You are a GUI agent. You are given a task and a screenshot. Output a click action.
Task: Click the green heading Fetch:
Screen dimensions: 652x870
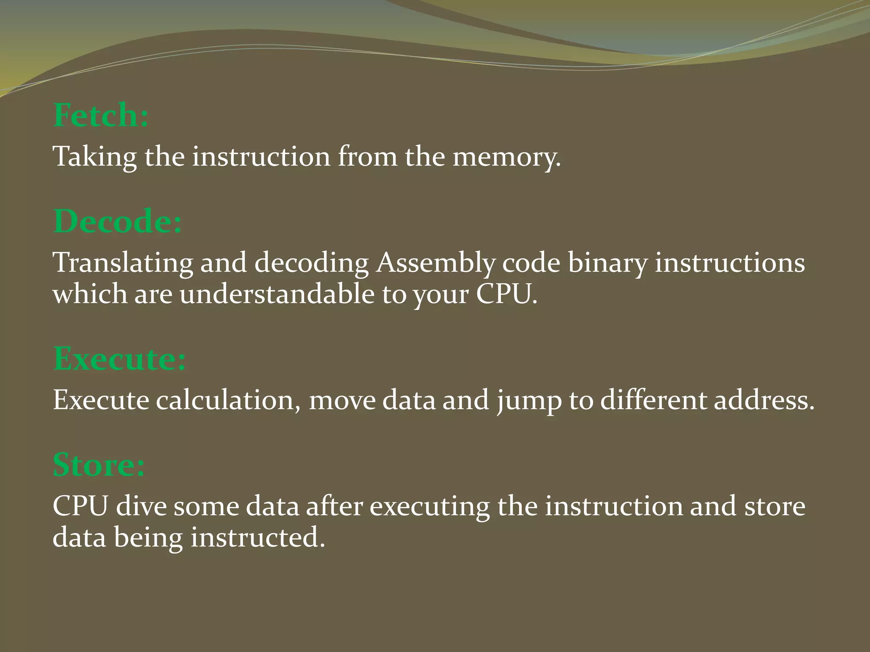[101, 115]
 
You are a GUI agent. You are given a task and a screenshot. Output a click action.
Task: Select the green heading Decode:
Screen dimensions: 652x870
[118, 222]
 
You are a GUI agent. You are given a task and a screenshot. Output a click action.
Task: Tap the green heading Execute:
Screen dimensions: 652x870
[119, 359]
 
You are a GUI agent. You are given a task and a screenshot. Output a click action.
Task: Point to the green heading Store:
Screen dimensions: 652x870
[99, 465]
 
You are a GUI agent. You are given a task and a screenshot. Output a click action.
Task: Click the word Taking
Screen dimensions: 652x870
[95, 157]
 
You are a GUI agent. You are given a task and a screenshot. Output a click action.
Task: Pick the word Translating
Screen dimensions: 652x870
[123, 263]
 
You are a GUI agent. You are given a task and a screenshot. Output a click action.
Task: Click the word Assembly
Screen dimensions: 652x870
[435, 263]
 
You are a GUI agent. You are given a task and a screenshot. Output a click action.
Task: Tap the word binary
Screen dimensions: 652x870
[608, 263]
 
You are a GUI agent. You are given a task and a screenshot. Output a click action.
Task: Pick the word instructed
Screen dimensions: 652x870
[257, 538]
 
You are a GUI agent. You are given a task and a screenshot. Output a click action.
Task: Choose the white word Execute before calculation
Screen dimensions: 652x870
[101, 400]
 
